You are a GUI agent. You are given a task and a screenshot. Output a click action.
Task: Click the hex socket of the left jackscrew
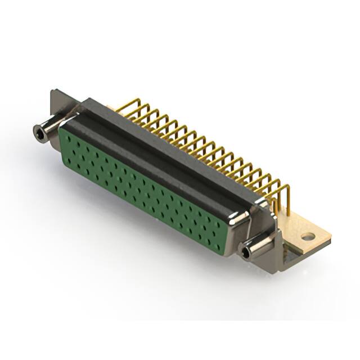tap(38, 133)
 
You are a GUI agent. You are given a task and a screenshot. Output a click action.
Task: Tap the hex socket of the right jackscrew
tap(246, 253)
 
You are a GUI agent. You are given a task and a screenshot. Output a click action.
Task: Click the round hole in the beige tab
tap(307, 237)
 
